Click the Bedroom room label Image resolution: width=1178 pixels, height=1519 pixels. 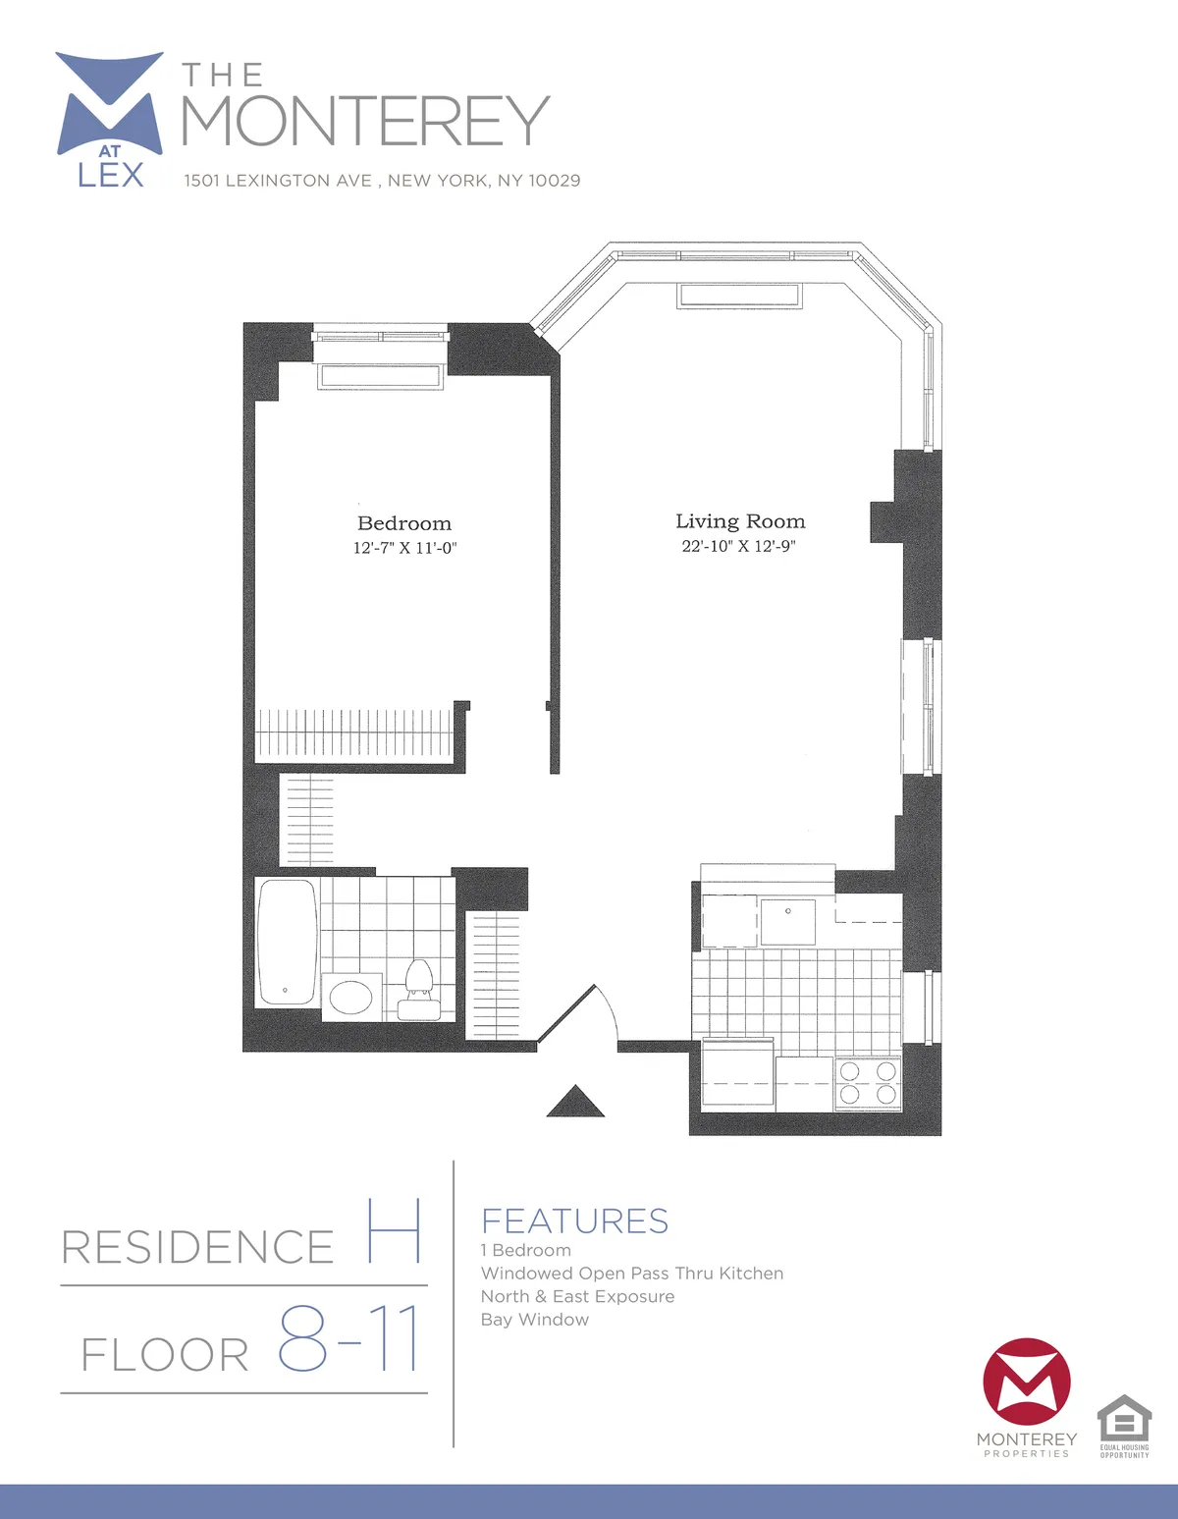[x=404, y=523]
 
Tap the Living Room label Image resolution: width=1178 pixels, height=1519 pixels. [x=740, y=521]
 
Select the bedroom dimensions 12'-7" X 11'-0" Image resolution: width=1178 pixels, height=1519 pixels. [x=404, y=548]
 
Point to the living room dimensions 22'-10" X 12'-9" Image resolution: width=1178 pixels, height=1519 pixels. [x=739, y=546]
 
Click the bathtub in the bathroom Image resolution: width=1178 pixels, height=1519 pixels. [x=287, y=941]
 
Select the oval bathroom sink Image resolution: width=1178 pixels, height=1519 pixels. [x=351, y=998]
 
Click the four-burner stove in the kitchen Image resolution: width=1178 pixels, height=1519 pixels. [x=868, y=1082]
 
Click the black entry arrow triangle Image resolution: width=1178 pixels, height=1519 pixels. [x=575, y=1103]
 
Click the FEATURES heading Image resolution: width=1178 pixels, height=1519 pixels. [x=574, y=1221]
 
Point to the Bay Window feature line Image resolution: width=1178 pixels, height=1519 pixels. [x=535, y=1320]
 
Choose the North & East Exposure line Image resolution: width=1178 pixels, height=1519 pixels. [x=577, y=1296]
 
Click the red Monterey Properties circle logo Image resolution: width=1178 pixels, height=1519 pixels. [x=1026, y=1381]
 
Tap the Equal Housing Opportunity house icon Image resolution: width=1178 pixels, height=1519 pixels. [x=1124, y=1418]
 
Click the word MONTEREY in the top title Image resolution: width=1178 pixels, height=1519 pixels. [x=365, y=121]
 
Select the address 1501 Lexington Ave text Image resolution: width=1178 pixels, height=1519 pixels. [x=382, y=181]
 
